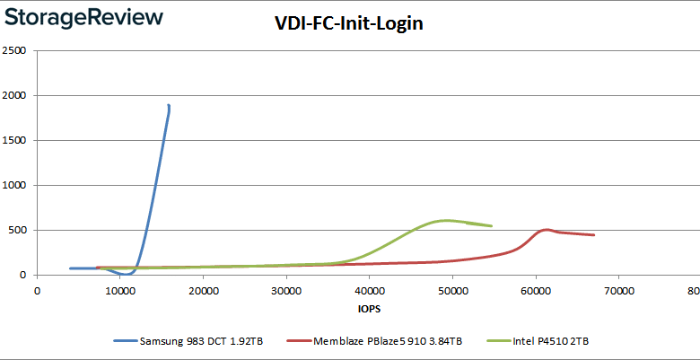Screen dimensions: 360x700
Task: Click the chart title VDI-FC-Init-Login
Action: [x=348, y=24]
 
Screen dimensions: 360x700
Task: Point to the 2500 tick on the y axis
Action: [x=13, y=50]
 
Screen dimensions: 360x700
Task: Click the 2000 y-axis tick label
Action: [x=13, y=95]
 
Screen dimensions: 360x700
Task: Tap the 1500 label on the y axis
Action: [x=13, y=140]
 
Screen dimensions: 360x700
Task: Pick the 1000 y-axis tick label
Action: [x=13, y=185]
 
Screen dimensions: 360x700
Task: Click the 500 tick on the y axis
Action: [x=17, y=230]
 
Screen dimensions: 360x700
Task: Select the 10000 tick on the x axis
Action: [x=119, y=291]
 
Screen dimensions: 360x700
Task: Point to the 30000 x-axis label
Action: [x=286, y=291]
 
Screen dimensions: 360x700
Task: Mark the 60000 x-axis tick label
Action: [x=536, y=291]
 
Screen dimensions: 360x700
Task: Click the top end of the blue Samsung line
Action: [x=168, y=106]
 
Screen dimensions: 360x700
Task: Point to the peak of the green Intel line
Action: [x=446, y=220]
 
